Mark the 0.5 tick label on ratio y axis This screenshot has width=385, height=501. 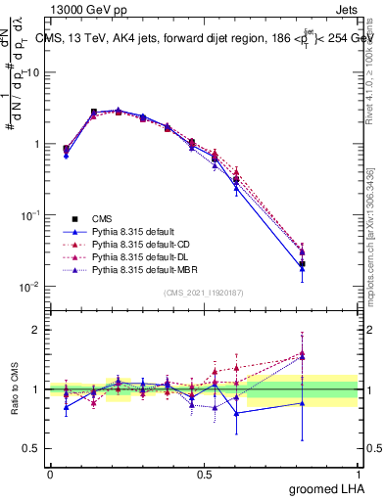tap(32, 449)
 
